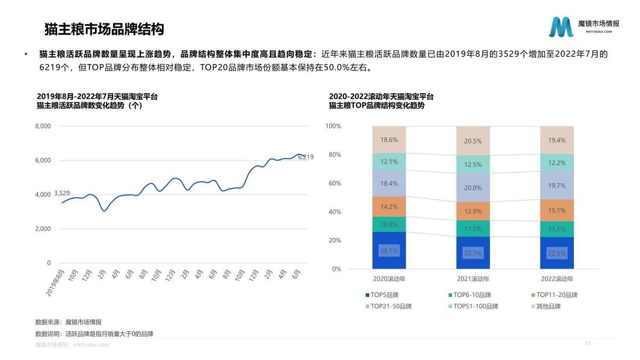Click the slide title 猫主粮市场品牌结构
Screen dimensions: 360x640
click(104, 29)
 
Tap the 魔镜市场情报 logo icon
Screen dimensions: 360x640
click(561, 27)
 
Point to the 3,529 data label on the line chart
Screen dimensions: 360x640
click(62, 193)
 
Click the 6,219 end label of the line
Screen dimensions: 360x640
click(305, 157)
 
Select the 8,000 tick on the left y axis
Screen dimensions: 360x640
click(43, 126)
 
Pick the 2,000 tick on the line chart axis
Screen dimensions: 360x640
click(43, 229)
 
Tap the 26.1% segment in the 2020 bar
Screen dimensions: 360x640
click(389, 251)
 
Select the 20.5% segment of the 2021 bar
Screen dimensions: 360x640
click(473, 141)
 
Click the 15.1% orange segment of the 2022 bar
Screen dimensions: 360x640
click(557, 211)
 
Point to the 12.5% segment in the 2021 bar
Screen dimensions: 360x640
click(473, 165)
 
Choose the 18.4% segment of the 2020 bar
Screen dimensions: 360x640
click(389, 183)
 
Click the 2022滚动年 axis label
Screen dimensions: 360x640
click(557, 279)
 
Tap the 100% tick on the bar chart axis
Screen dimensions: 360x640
click(333, 126)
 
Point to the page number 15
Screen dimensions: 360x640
click(588, 343)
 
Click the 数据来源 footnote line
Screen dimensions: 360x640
click(68, 322)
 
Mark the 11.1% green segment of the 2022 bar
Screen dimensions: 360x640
click(557, 229)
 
